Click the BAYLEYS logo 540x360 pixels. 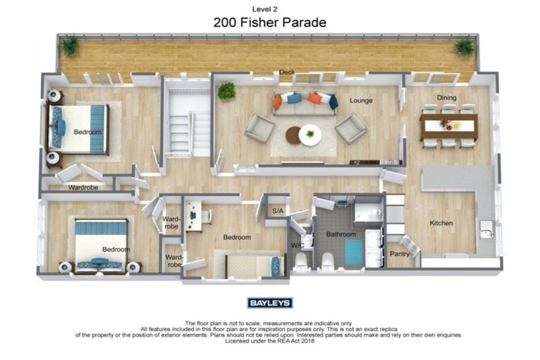[270, 303]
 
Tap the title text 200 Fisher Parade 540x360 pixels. [270, 22]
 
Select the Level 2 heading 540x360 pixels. [270, 8]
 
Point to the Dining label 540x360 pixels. [446, 98]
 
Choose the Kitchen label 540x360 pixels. [442, 223]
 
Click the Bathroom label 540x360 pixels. [341, 233]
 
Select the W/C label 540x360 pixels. [297, 245]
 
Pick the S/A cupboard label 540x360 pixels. [277, 210]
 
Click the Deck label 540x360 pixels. [286, 72]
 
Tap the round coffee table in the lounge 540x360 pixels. [304, 134]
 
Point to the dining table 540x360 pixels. [449, 127]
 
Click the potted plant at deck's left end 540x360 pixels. [70, 46]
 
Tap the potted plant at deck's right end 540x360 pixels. [463, 47]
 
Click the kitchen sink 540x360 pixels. [485, 228]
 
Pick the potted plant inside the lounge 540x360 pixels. [226, 91]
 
